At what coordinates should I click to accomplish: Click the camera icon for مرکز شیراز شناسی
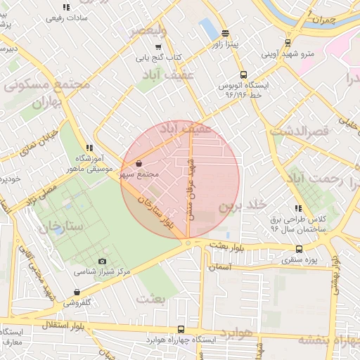tap(103, 262)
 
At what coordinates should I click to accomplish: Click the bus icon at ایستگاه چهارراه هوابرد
tap(181, 329)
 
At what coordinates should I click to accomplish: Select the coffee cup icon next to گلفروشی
tap(77, 293)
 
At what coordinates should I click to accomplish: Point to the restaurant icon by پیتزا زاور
tap(225, 33)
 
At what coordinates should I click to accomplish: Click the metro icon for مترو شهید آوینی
tap(288, 42)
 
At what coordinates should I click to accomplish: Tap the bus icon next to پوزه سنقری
tap(300, 248)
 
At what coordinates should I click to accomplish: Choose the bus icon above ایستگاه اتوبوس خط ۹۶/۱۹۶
tap(243, 74)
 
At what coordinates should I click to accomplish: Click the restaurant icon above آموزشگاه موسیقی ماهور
tap(89, 148)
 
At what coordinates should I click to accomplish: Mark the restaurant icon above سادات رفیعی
tap(66, 7)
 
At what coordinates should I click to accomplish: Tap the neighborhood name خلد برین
tap(243, 205)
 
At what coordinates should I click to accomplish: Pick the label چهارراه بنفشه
tap(328, 340)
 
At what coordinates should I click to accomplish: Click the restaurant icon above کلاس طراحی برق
tap(298, 208)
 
